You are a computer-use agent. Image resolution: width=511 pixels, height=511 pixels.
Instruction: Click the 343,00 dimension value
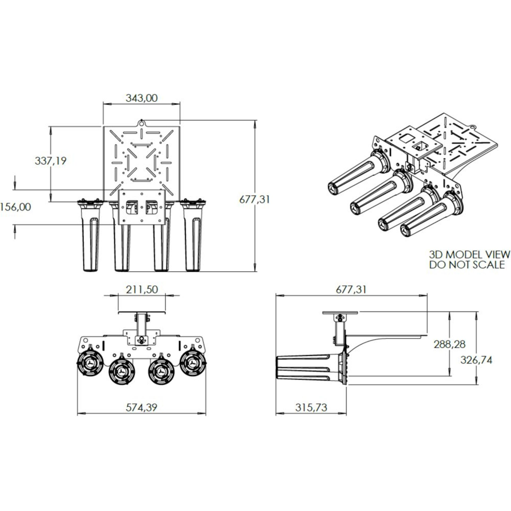(142, 98)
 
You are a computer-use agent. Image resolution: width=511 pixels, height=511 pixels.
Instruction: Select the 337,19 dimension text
(51, 161)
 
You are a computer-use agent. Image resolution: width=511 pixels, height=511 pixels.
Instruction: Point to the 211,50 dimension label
(142, 290)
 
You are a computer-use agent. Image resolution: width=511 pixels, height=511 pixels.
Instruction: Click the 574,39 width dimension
(141, 407)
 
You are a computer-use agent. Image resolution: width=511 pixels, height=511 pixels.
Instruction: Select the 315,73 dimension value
(311, 407)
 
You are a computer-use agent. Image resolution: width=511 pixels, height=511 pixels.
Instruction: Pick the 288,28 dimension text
(450, 344)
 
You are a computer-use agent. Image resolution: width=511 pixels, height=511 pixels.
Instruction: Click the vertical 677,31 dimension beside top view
(254, 199)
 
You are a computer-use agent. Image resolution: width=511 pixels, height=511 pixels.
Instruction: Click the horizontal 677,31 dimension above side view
(351, 290)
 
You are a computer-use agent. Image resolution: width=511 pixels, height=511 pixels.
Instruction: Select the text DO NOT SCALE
(467, 265)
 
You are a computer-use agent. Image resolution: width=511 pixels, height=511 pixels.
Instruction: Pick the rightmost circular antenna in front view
(193, 363)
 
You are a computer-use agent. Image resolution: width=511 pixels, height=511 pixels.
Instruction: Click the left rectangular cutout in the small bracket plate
(132, 208)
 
